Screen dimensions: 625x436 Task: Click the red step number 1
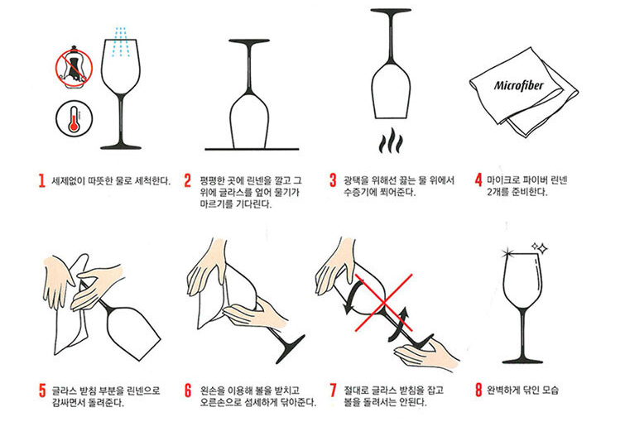42,180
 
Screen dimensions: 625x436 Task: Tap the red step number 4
478,180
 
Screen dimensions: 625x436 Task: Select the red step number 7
334,390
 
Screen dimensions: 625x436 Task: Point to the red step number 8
478,390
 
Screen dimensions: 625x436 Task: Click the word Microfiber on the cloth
518,85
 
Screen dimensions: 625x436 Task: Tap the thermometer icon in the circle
75,119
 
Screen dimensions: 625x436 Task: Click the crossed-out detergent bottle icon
75,66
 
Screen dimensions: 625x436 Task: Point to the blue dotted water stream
119,42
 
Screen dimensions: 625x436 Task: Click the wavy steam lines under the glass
391,141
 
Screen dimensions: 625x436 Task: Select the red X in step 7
383,303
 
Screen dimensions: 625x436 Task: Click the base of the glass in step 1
121,146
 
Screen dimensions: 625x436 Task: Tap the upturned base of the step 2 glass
249,41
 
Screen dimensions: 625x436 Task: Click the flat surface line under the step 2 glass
252,150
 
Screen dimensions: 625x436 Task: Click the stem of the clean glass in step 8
522,332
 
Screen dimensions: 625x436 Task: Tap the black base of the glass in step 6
291,349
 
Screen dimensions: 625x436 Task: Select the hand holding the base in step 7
426,356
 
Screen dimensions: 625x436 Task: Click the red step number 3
334,180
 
